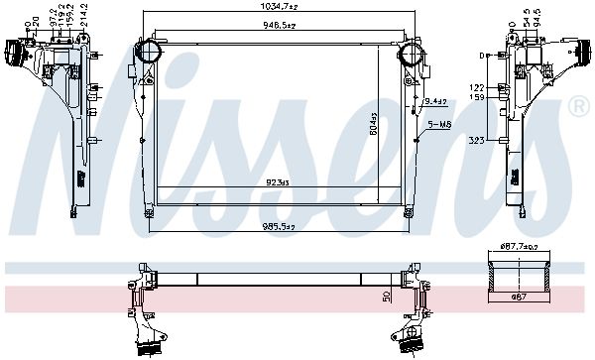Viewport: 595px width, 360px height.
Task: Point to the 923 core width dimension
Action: pos(278,182)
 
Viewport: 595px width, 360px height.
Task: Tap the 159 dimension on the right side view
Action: pos(476,97)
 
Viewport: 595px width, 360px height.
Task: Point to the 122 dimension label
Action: pos(476,87)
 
